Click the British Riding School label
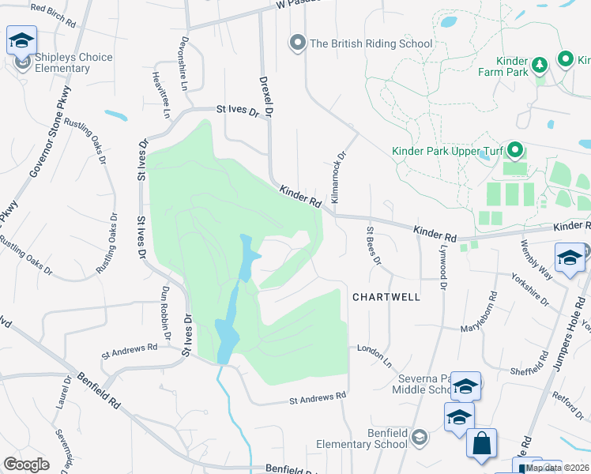(371, 43)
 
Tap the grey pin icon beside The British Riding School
(298, 43)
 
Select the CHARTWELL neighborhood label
(386, 296)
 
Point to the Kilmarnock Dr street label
(339, 179)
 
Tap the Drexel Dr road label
(266, 98)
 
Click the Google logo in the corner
(26, 465)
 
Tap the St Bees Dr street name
(372, 246)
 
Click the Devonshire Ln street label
(184, 62)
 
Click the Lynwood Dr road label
(441, 269)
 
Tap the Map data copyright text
(557, 468)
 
